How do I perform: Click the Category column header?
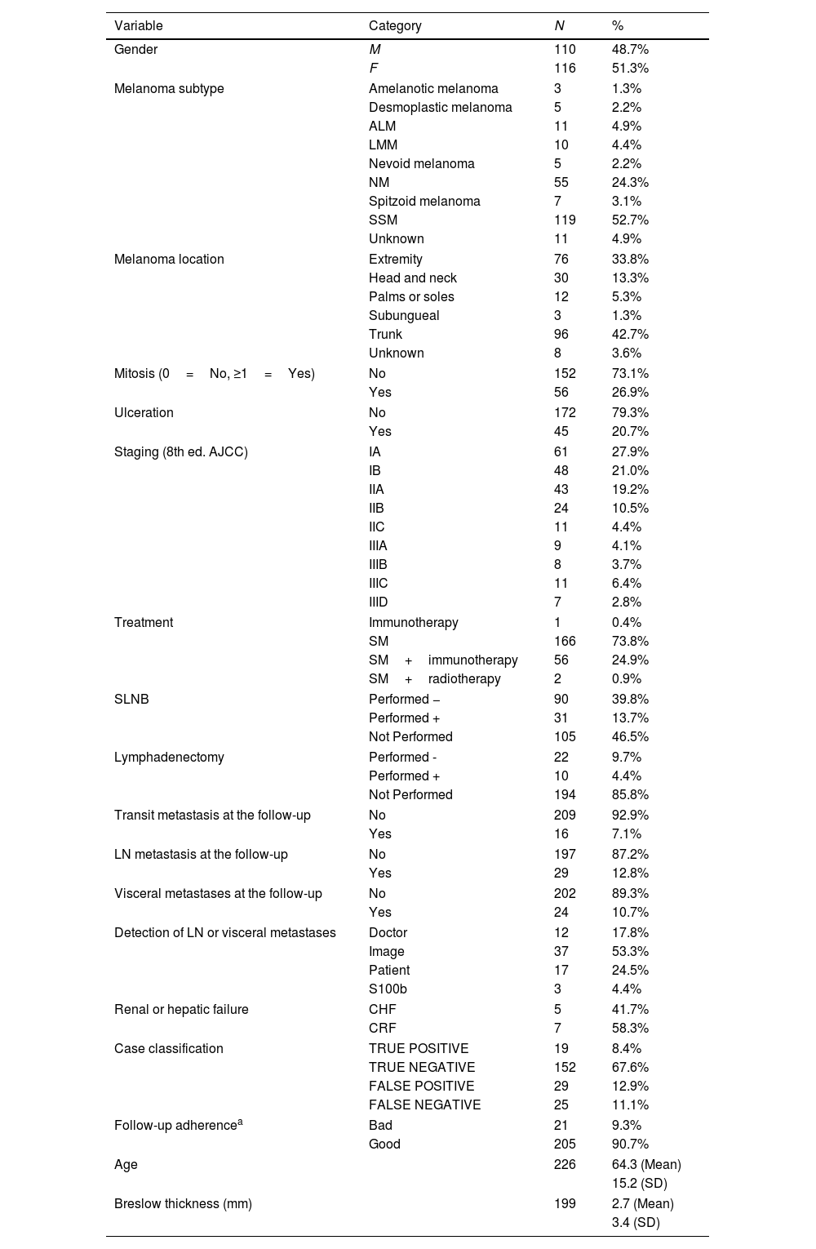click(395, 25)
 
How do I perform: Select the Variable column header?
click(139, 25)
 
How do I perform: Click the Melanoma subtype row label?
click(169, 88)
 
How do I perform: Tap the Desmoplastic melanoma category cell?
click(441, 107)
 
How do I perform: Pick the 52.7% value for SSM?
click(630, 220)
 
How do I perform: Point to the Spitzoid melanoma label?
click(424, 201)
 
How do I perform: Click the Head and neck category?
click(413, 278)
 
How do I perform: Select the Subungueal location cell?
click(404, 315)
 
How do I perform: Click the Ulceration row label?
click(144, 412)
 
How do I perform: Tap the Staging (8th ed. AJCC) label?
click(181, 451)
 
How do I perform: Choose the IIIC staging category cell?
click(379, 583)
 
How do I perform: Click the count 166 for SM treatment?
click(565, 641)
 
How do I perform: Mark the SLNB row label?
click(131, 699)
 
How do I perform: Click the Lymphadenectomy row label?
click(169, 757)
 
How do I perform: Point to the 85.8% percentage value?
click(630, 794)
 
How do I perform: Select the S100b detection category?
click(388, 989)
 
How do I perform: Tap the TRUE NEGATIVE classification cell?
click(422, 1067)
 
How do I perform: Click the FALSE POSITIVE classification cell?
click(421, 1086)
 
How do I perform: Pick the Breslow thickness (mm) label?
click(183, 1203)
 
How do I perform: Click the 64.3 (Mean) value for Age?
click(646, 1164)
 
